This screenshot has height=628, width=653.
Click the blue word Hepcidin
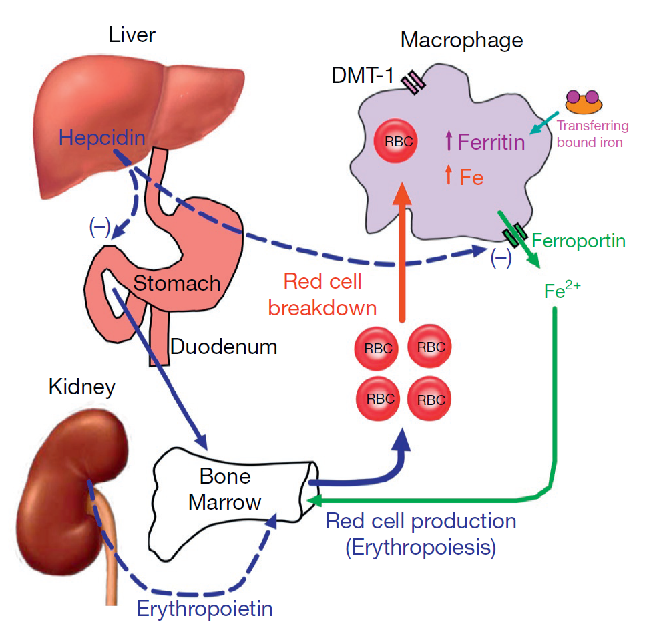101,138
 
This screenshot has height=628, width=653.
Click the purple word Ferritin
491,142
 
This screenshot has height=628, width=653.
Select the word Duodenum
224,347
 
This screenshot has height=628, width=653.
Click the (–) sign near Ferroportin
501,258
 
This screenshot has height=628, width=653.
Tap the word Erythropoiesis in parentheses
421,548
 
